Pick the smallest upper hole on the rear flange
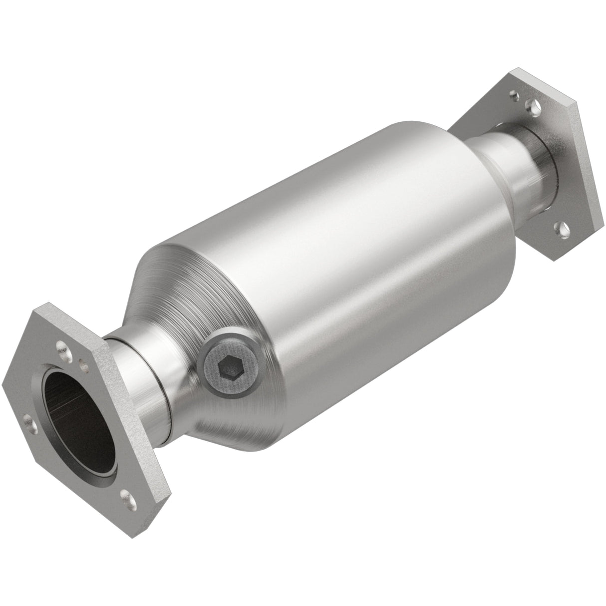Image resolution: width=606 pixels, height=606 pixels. point(513,93)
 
